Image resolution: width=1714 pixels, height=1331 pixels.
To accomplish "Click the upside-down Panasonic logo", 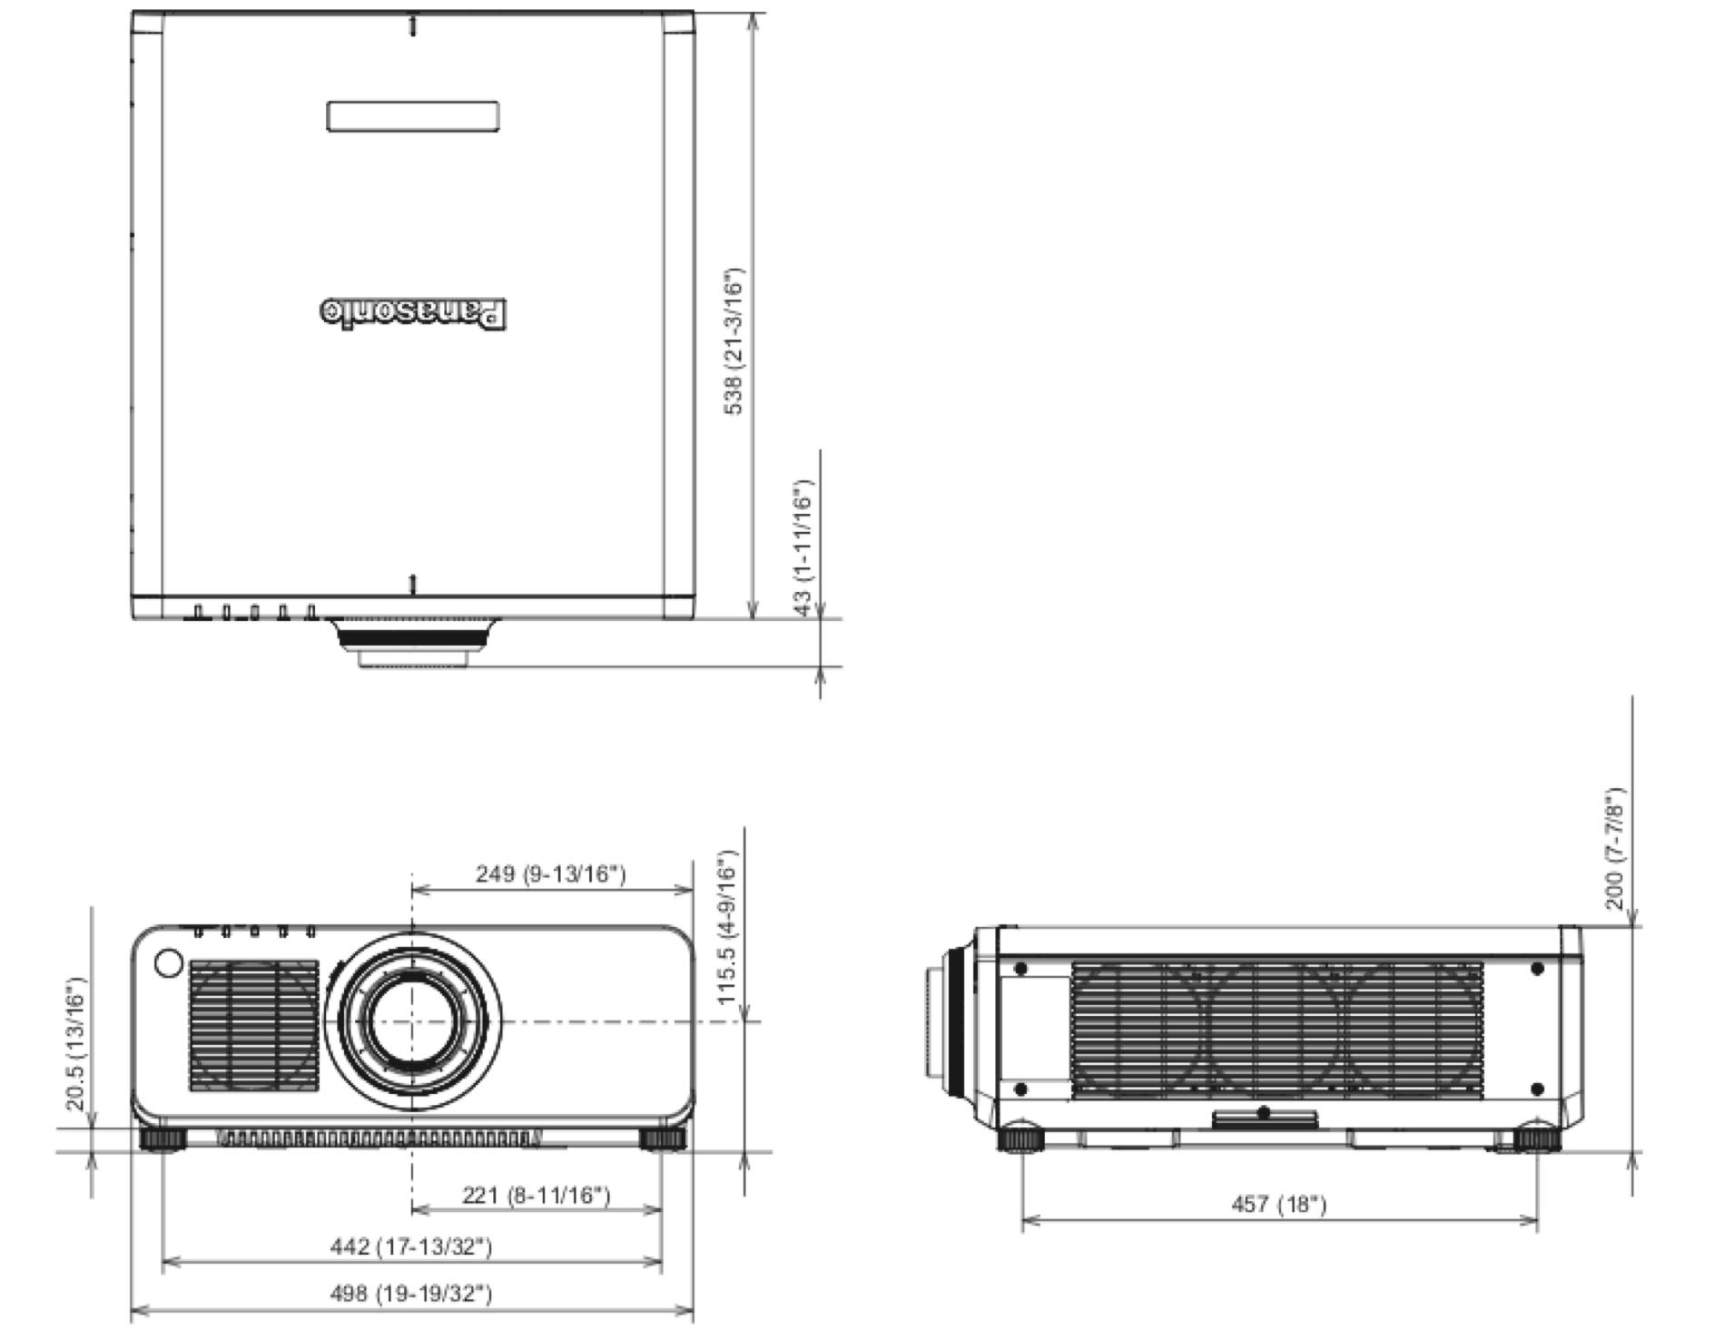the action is [413, 312].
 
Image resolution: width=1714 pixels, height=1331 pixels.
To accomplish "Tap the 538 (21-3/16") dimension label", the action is [734, 341].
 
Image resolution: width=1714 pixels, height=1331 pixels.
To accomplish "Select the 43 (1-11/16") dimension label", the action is [803, 547].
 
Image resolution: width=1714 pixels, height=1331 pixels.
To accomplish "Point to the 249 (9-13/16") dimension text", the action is [550, 873].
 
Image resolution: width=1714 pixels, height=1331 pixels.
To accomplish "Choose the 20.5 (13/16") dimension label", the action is [75, 1044].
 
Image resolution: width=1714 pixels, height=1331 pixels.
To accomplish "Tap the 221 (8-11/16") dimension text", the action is [537, 1195].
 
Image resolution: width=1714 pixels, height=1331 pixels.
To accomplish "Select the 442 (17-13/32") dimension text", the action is [410, 1246].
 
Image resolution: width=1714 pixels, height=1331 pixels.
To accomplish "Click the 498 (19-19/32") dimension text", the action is [410, 1292].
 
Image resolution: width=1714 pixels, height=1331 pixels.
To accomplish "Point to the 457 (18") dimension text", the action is [1278, 1204].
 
